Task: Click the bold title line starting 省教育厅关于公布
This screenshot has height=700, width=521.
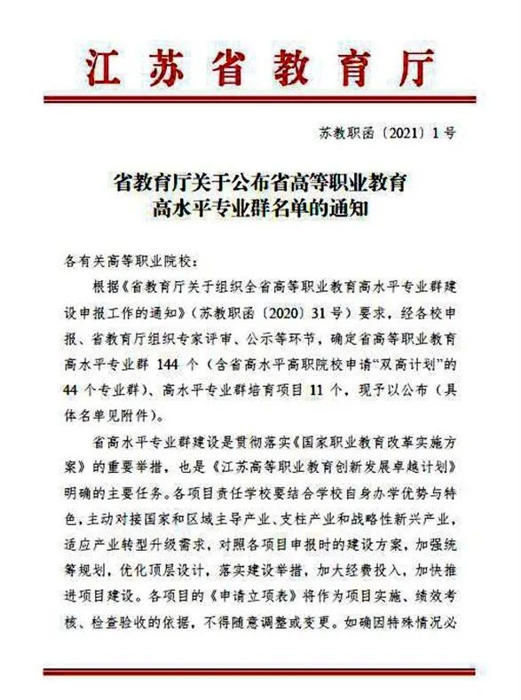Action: (260, 185)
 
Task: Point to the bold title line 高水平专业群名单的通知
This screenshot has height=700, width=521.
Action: (260, 212)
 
